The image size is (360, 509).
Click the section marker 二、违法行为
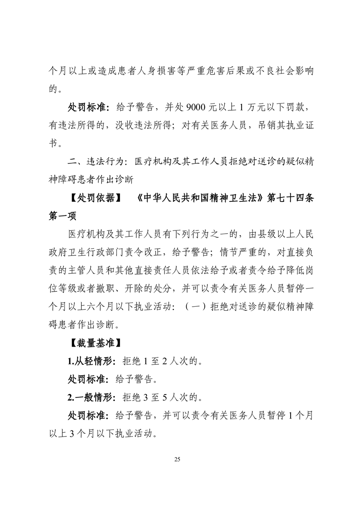[x=95, y=162]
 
